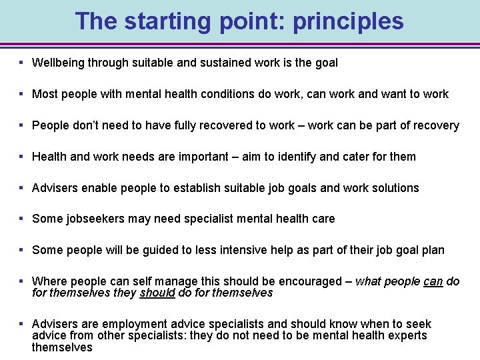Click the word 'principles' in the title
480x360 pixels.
[x=349, y=21]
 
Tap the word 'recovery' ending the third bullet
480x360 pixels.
[x=436, y=125]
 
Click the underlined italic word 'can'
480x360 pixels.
[x=433, y=281]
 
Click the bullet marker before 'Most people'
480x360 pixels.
[x=22, y=94]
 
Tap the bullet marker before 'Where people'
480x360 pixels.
[x=22, y=281]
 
